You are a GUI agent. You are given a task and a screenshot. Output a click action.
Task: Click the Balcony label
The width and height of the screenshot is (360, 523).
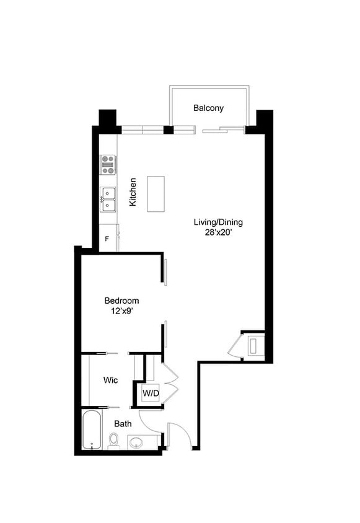click(x=208, y=108)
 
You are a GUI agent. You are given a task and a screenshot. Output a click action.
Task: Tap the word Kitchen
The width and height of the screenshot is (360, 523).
click(x=133, y=192)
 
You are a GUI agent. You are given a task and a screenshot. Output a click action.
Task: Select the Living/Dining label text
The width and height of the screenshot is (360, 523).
click(x=218, y=222)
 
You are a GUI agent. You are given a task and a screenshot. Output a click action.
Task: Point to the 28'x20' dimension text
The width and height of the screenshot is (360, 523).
click(x=218, y=233)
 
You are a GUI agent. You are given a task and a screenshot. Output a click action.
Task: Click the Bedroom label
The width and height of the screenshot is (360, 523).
click(x=121, y=301)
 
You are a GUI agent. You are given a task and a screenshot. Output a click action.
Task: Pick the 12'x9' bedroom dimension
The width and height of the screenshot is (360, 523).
click(x=121, y=312)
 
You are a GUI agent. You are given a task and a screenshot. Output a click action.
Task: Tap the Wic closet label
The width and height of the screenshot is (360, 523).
click(x=111, y=380)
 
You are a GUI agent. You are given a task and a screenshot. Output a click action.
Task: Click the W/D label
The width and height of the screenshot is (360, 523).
click(x=151, y=393)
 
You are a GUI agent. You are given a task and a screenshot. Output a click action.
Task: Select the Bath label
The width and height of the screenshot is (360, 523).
click(x=122, y=424)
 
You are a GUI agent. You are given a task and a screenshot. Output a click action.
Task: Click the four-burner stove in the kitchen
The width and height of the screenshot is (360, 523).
click(x=108, y=164)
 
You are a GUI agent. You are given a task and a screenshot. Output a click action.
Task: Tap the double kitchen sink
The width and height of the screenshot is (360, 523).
click(x=108, y=200)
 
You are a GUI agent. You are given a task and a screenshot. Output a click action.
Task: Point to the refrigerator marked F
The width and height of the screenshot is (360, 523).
click(x=108, y=239)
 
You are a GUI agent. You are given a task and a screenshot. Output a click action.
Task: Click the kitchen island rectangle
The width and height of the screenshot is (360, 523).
click(x=156, y=194)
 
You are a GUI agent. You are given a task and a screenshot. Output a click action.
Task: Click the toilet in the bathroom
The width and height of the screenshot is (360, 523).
click(x=113, y=441)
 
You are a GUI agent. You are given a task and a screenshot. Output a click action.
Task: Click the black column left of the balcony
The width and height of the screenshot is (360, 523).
click(x=108, y=120)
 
